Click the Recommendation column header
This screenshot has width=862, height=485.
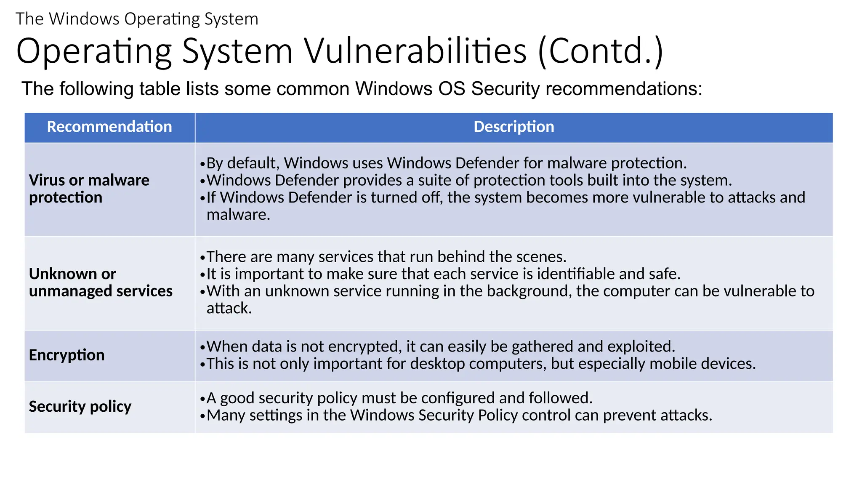pyautogui.click(x=109, y=127)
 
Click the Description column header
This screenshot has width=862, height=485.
pyautogui.click(x=513, y=127)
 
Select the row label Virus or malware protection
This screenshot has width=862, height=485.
pyautogui.click(x=89, y=189)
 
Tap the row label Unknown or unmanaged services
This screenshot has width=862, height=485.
pyautogui.click(x=101, y=282)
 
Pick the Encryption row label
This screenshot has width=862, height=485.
pyautogui.click(x=67, y=355)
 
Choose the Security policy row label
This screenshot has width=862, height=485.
pyautogui.click(x=80, y=406)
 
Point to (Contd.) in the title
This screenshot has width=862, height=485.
pyautogui.click(x=600, y=51)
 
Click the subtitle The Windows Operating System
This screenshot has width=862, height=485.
pyautogui.click(x=137, y=19)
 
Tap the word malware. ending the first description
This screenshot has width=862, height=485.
pyautogui.click(x=238, y=215)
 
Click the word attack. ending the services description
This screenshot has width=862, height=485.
pyautogui.click(x=229, y=308)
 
